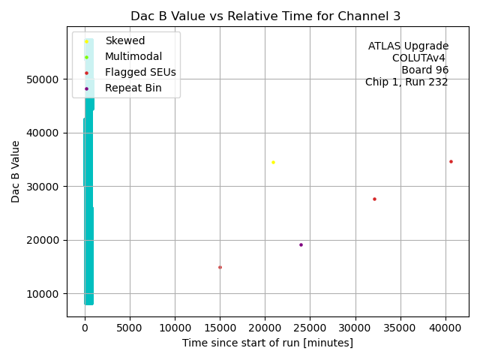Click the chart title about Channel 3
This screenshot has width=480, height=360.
point(265,16)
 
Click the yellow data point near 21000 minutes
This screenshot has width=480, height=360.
point(273,162)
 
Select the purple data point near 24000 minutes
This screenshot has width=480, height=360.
point(301,244)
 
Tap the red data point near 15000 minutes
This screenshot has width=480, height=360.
point(220,267)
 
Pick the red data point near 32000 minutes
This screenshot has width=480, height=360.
point(374,199)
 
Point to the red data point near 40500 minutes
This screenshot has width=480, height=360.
point(451,161)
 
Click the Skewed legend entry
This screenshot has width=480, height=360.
point(124,40)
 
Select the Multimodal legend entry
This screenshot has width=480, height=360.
point(133,56)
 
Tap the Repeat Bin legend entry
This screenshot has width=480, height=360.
point(133,88)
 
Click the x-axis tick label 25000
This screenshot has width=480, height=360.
point(310,328)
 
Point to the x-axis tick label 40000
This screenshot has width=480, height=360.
point(445,328)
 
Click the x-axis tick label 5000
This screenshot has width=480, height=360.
point(130,328)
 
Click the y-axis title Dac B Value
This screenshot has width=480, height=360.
point(16,171)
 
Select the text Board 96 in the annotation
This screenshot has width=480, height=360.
point(424,70)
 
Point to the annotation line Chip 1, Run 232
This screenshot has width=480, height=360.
point(406,82)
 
